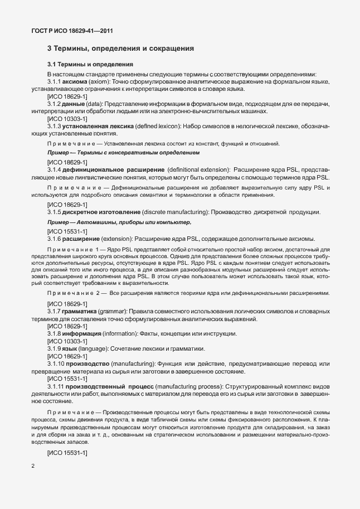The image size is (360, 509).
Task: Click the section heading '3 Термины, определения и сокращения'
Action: tap(120, 49)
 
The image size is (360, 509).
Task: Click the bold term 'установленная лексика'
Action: tap(100, 127)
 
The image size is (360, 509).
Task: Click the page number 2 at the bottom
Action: tap(33, 466)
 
